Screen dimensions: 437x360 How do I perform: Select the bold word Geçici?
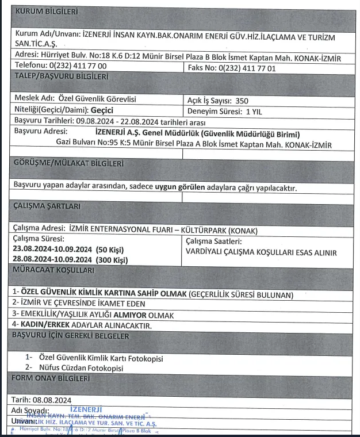106,110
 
